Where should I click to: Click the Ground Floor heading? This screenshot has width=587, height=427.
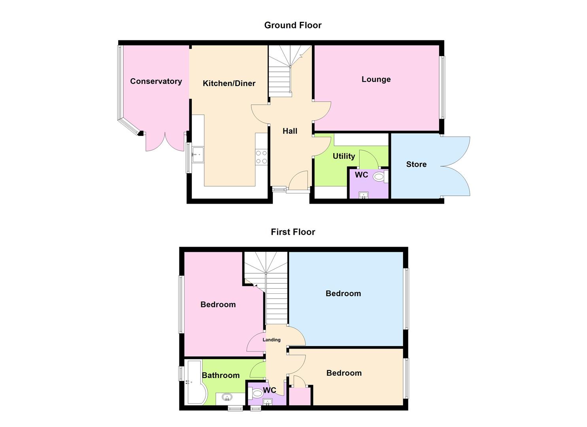click(x=293, y=25)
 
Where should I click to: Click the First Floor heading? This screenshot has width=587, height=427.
click(x=293, y=232)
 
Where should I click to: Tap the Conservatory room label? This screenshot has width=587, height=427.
click(x=156, y=81)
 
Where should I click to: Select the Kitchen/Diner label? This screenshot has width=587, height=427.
click(x=229, y=83)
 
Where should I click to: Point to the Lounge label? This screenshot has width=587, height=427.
click(x=376, y=79)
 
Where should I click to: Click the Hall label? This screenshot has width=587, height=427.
click(x=290, y=131)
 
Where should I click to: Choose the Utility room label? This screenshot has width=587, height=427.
click(x=344, y=156)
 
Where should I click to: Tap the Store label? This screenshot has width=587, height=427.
click(x=416, y=164)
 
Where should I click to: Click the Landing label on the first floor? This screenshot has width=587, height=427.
click(x=272, y=340)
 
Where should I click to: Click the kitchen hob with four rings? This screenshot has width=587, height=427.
click(x=261, y=157)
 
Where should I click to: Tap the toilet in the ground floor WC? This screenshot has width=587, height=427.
click(x=379, y=177)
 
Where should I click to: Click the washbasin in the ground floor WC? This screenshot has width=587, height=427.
click(x=363, y=195)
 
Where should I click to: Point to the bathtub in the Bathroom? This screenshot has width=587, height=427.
click(x=194, y=382)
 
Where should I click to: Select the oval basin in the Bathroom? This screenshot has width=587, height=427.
click(x=227, y=397)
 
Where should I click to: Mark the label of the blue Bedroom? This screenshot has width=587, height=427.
click(x=343, y=294)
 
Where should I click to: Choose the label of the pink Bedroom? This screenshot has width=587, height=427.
click(x=218, y=305)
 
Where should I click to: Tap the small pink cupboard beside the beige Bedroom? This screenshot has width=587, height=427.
click(x=300, y=396)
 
